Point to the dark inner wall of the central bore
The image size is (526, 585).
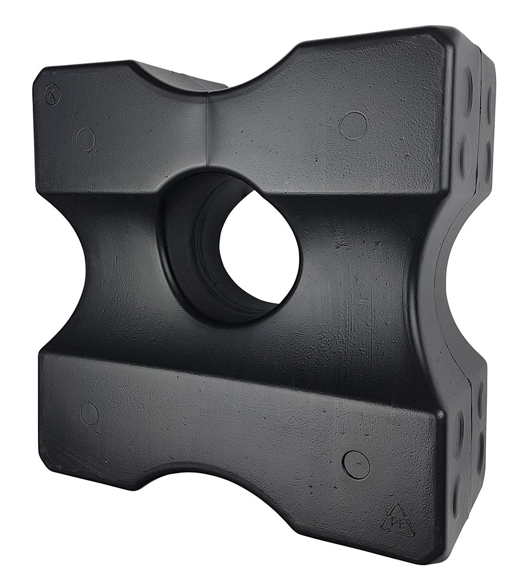[193, 246]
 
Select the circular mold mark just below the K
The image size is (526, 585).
[86, 139]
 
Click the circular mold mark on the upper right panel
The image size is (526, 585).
[353, 125]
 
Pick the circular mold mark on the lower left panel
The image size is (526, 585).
[89, 414]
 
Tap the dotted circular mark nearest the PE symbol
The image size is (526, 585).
[355, 464]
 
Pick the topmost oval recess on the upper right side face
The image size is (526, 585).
[467, 82]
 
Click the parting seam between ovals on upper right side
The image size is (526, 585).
[480, 117]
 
